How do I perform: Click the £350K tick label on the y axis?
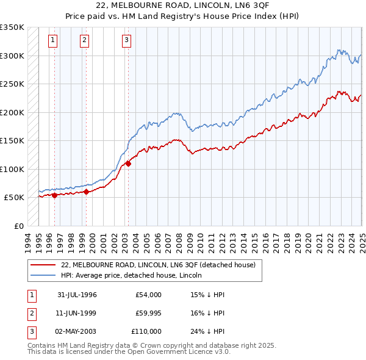point(12,27)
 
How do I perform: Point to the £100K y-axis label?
point(12,169)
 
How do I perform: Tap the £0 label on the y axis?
point(18,226)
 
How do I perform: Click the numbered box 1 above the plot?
point(54,41)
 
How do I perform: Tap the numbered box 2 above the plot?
point(84,41)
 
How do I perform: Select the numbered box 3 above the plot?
point(126,41)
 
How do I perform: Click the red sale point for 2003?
point(128,164)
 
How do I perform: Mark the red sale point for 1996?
point(54,195)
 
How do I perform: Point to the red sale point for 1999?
point(86,192)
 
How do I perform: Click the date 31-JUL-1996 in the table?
point(77,295)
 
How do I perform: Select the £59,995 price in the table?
point(148,313)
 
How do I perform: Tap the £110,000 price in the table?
point(146,331)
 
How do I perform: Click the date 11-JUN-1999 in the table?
point(77,313)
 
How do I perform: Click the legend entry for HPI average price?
point(132,275)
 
